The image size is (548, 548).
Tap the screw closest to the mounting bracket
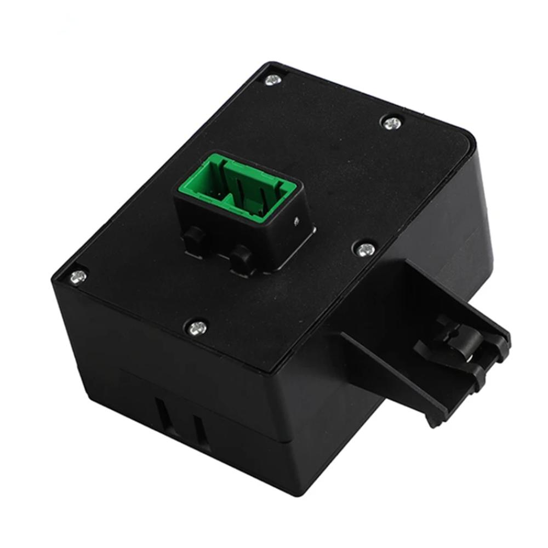pos(364,250)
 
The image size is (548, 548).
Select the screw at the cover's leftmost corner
pos(78,277)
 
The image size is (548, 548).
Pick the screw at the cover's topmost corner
pos(273,79)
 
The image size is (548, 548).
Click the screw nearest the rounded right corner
pos(392,123)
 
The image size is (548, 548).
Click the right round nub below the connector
pos(242,258)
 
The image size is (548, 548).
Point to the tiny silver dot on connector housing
pos(296,220)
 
